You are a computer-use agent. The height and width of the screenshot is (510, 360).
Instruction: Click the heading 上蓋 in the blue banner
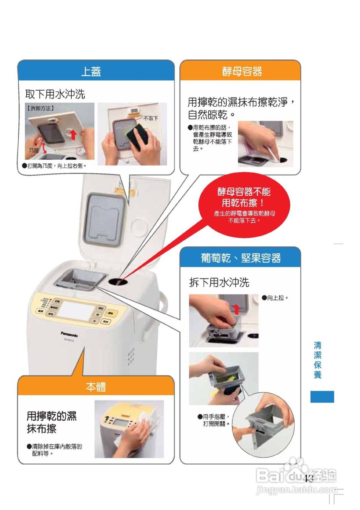(91, 71)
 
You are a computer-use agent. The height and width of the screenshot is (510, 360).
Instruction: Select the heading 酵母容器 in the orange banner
(242, 71)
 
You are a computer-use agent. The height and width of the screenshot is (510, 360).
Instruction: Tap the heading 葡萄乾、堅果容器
(241, 258)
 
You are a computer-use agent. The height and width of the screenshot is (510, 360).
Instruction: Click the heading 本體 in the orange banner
(96, 386)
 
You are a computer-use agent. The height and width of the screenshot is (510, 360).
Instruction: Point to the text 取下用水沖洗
(55, 94)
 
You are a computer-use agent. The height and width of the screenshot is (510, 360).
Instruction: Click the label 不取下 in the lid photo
(151, 118)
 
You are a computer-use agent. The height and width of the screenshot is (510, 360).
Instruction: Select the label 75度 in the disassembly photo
(34, 150)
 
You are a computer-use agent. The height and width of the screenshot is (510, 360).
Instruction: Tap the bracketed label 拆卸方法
(40, 108)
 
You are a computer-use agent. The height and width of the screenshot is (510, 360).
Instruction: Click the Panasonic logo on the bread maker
(69, 334)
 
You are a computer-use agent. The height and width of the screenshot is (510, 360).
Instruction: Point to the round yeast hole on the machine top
(118, 282)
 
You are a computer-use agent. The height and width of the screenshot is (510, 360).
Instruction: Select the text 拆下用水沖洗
(219, 282)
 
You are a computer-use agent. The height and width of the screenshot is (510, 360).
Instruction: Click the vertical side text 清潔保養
(317, 360)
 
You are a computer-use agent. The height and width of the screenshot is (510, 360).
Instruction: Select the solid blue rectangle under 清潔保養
(322, 397)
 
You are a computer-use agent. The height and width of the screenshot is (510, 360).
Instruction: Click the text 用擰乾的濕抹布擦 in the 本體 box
(52, 422)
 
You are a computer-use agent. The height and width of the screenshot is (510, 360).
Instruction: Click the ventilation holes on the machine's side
(131, 354)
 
